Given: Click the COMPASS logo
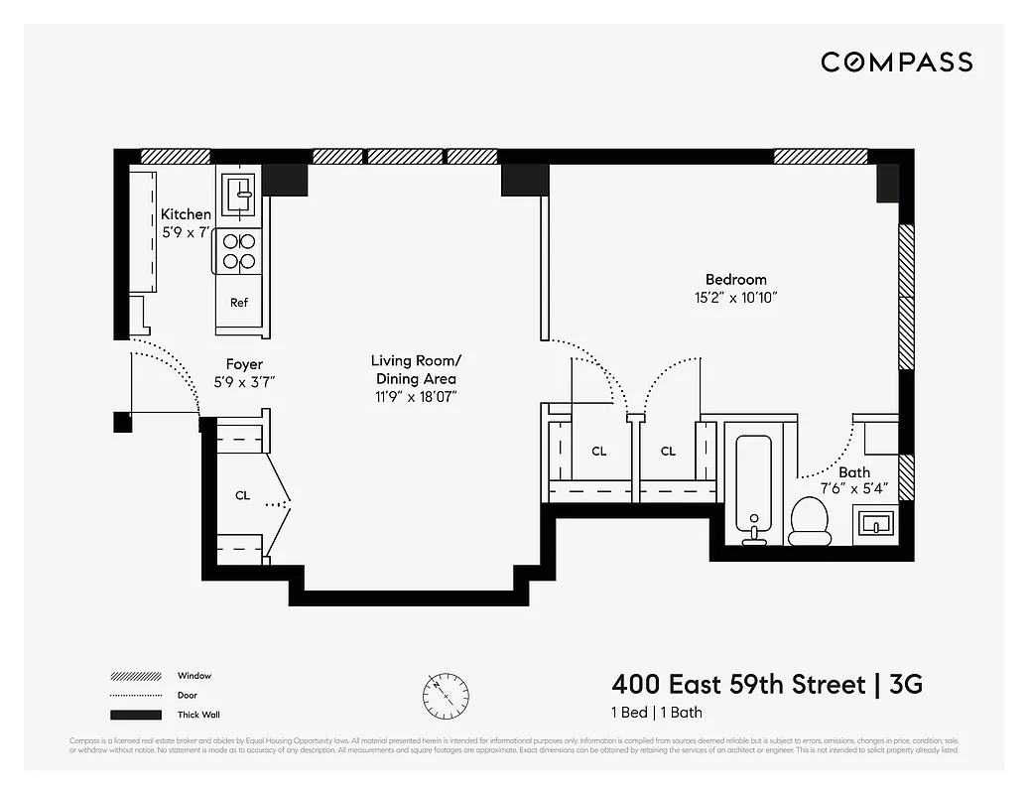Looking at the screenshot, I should (896, 63).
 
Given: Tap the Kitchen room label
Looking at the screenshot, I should (186, 214).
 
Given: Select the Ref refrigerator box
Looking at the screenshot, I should (239, 304).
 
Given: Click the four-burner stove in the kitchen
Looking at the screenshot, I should (238, 251).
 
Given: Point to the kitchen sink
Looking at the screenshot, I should (238, 192).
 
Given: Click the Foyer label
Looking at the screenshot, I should (244, 364).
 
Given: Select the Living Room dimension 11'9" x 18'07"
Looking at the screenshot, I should (414, 396).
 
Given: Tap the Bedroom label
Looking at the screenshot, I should (735, 280).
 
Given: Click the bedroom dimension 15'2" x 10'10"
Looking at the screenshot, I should (735, 297).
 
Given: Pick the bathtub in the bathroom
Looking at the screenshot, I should (755, 483).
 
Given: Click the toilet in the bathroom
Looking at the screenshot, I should (809, 521).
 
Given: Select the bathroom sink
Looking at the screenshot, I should (874, 522).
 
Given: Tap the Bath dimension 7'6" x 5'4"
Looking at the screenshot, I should (853, 489).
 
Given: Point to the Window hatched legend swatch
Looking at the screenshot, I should (135, 677).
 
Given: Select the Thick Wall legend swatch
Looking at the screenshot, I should (135, 715).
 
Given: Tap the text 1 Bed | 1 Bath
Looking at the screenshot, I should (656, 713).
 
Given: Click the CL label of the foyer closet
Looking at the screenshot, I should (242, 495).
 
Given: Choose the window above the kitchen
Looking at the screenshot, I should (176, 156).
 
